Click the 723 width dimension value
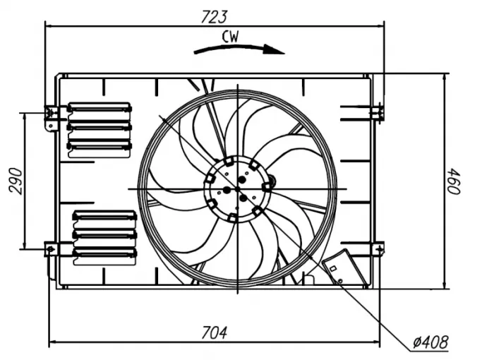coord(215,16)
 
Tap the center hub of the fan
coord(237,188)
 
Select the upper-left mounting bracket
coord(52,116)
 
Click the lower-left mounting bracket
coord(52,251)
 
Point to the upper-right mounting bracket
coord(377,111)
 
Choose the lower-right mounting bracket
coord(378,248)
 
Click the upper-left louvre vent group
coord(100,127)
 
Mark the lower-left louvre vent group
coord(104,234)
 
